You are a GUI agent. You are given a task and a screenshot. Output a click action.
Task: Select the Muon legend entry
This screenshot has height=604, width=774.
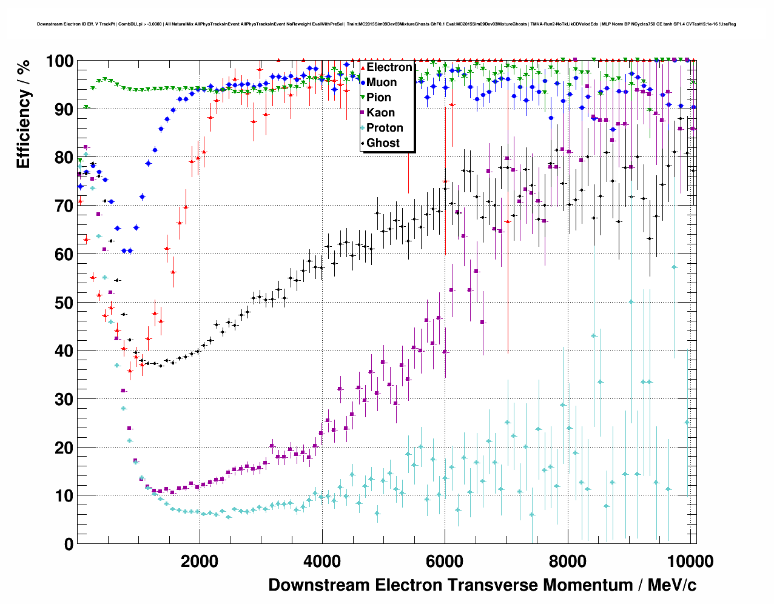point(382,82)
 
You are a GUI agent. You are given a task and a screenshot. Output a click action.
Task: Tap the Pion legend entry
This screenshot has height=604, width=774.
point(379,98)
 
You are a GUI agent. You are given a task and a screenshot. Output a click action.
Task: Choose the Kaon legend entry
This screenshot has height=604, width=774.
point(380,113)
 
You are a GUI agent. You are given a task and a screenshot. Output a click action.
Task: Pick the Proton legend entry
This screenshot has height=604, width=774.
point(385,128)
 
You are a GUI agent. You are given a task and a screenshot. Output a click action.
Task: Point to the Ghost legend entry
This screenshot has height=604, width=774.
point(383,143)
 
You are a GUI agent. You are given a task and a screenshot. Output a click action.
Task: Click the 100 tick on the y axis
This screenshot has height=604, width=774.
point(59,61)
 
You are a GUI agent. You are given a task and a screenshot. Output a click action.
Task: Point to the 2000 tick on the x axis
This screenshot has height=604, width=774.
point(199,562)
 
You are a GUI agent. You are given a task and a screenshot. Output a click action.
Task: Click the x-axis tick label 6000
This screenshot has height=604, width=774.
point(445,562)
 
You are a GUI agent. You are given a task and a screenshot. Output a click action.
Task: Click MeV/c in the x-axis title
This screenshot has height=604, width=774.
point(672,585)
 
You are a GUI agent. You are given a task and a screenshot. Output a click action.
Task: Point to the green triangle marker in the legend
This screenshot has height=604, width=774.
point(363,98)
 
